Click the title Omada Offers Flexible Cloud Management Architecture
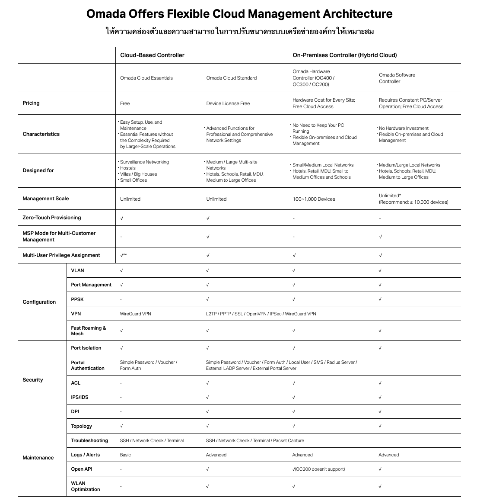point(239,14)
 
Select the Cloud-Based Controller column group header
point(152,55)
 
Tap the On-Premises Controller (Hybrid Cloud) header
point(344,55)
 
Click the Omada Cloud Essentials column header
point(146,78)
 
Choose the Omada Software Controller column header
point(397,78)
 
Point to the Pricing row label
point(31,103)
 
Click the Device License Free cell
point(228,103)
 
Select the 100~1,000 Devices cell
point(314,199)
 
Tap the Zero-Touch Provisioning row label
point(52,218)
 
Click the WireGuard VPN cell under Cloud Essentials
point(135,314)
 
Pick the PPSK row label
point(77,299)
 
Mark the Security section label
point(33,380)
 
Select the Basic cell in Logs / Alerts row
point(125,455)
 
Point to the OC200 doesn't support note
point(320,469)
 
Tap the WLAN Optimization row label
point(85,486)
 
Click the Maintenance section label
point(38,458)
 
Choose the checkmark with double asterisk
point(123,255)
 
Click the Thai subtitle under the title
point(239,31)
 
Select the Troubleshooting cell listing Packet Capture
point(255,440)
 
